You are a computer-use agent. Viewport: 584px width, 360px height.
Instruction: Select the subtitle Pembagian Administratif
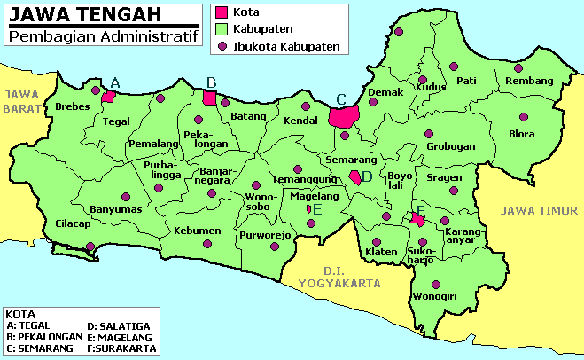[103, 36]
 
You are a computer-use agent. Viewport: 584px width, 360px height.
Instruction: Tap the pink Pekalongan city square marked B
[210, 98]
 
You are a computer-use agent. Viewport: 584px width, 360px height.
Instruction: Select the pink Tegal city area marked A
[108, 97]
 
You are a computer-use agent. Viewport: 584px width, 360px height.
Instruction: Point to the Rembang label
[529, 82]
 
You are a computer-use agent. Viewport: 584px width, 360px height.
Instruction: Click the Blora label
[522, 135]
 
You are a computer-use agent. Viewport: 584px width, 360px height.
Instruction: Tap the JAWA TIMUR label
[539, 210]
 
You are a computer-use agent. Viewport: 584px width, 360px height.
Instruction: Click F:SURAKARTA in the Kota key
[120, 348]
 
